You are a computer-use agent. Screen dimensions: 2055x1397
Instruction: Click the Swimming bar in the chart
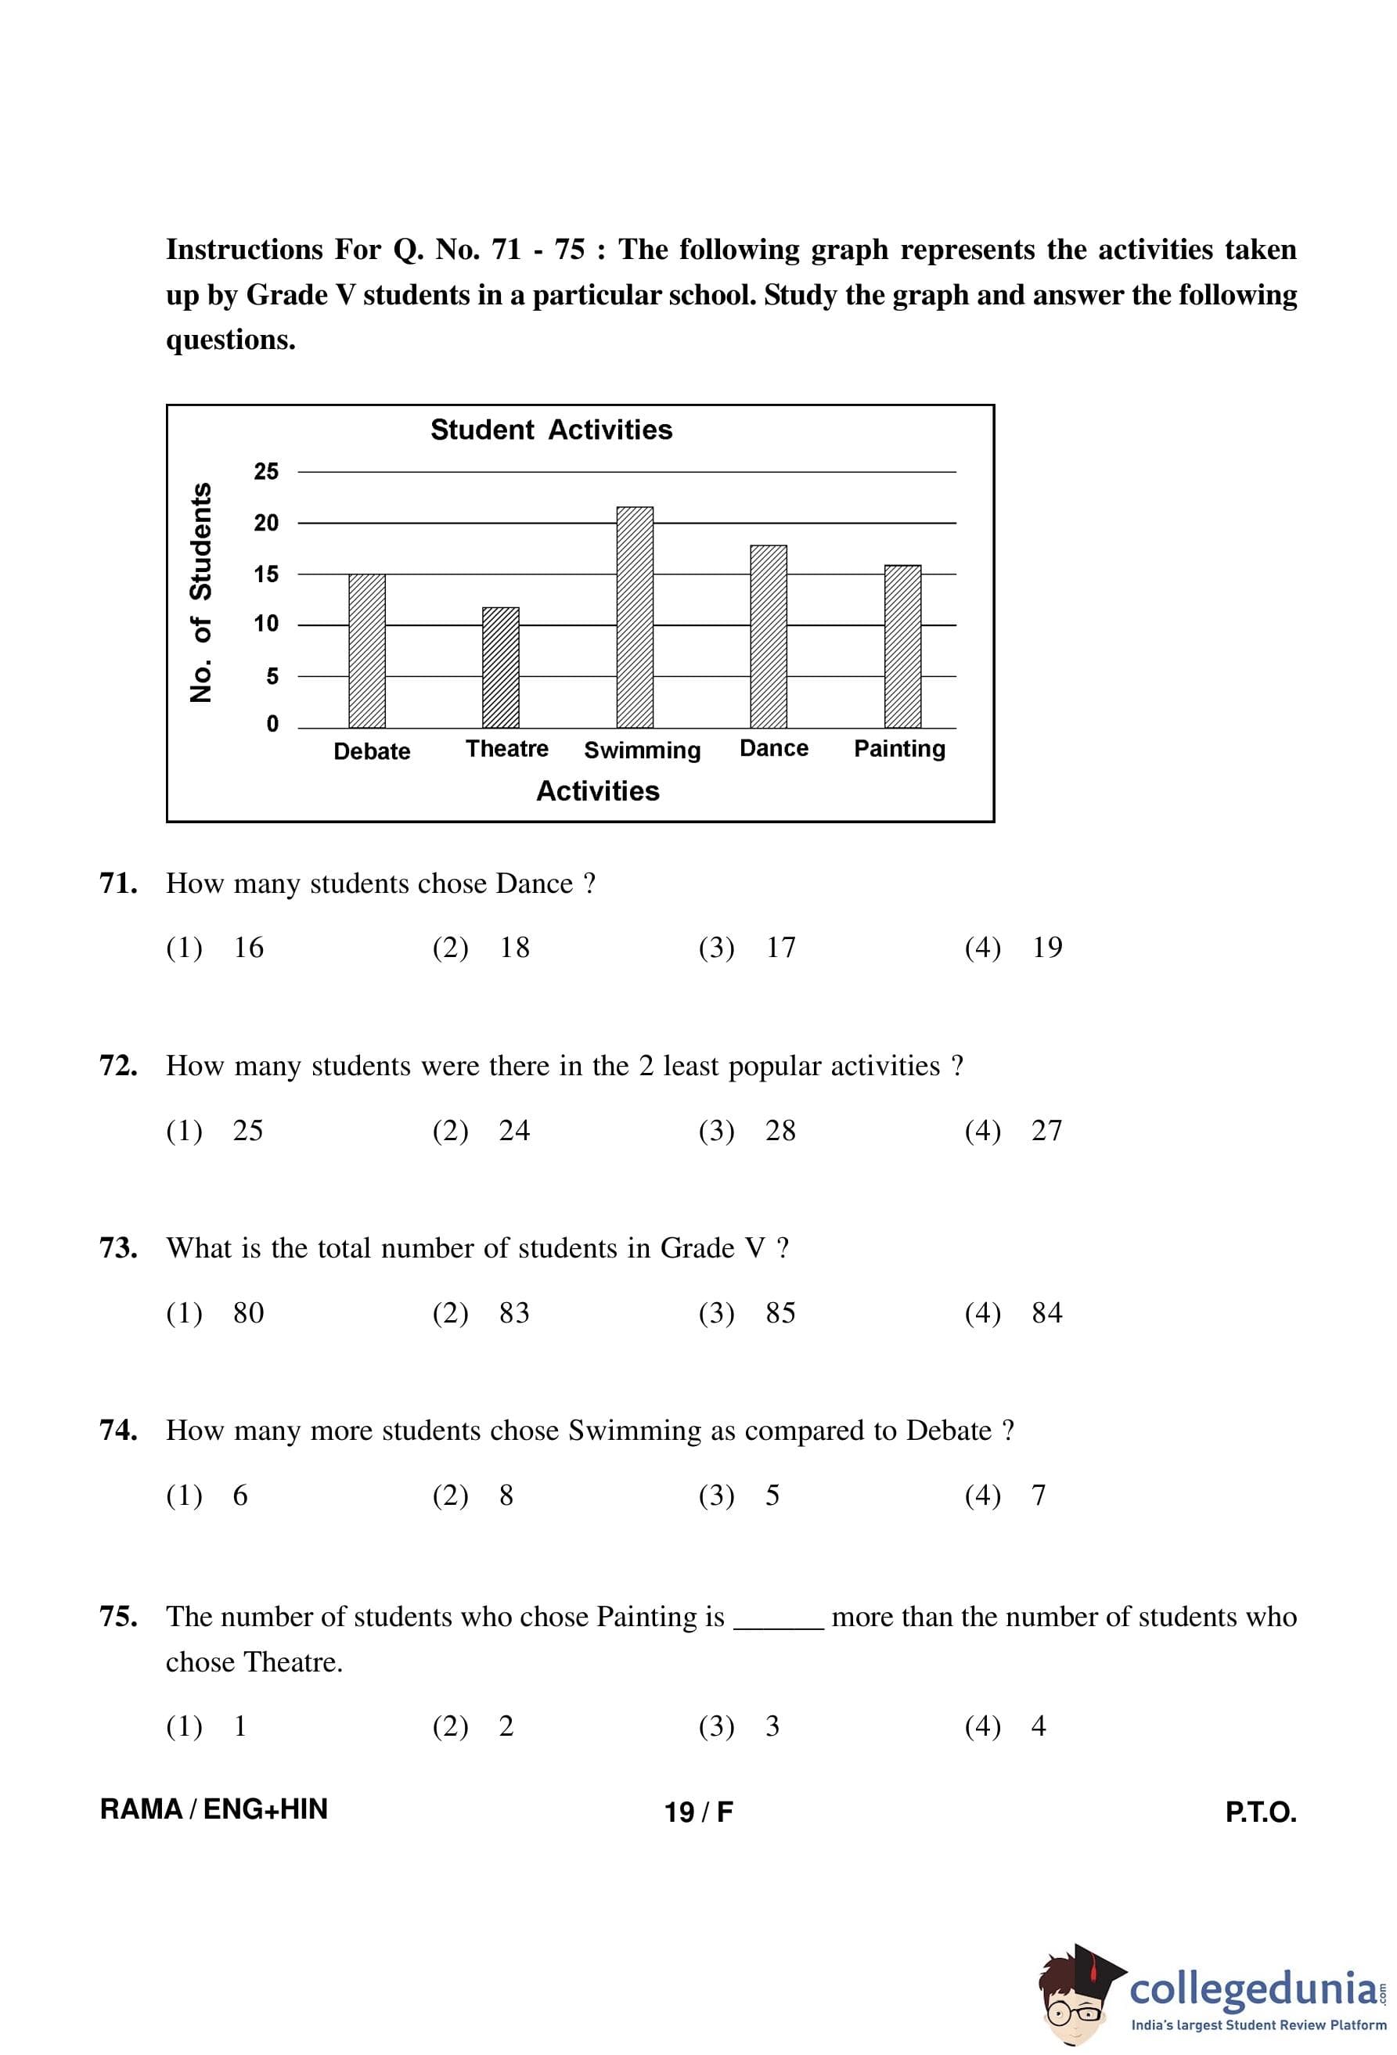[634, 617]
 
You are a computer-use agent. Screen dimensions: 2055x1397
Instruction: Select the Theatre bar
[500, 668]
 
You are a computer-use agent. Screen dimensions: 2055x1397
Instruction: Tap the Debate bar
[367, 651]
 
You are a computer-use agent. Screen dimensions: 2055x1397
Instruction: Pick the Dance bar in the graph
[769, 637]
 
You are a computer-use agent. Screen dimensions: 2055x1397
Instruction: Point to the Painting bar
[902, 646]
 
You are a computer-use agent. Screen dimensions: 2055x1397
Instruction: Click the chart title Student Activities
[551, 430]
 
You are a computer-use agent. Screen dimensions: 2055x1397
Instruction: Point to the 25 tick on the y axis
[266, 471]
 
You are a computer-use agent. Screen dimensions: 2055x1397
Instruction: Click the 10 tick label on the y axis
[266, 624]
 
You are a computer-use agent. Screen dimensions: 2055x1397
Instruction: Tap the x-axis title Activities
[598, 790]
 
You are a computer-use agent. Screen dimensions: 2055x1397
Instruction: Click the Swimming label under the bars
[642, 750]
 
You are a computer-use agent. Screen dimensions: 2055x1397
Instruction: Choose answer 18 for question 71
[513, 947]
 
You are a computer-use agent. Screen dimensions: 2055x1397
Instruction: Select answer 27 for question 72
[1046, 1130]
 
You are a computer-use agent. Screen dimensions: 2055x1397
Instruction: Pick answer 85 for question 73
[780, 1312]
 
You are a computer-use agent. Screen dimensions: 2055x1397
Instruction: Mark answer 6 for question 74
[239, 1495]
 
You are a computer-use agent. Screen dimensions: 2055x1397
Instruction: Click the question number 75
[118, 1617]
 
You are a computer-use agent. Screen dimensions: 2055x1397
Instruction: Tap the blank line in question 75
[778, 1625]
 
